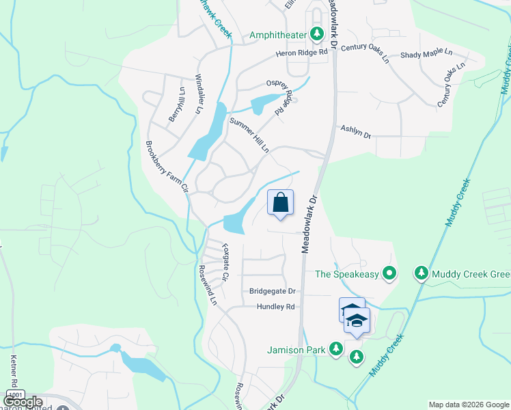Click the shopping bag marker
(x=280, y=203)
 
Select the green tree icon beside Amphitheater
(x=316, y=33)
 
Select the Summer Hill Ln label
(x=249, y=135)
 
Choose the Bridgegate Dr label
(x=271, y=291)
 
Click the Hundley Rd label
(x=275, y=307)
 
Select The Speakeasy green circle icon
(x=389, y=274)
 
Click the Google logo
(x=23, y=402)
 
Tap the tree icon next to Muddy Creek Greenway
(x=422, y=274)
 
